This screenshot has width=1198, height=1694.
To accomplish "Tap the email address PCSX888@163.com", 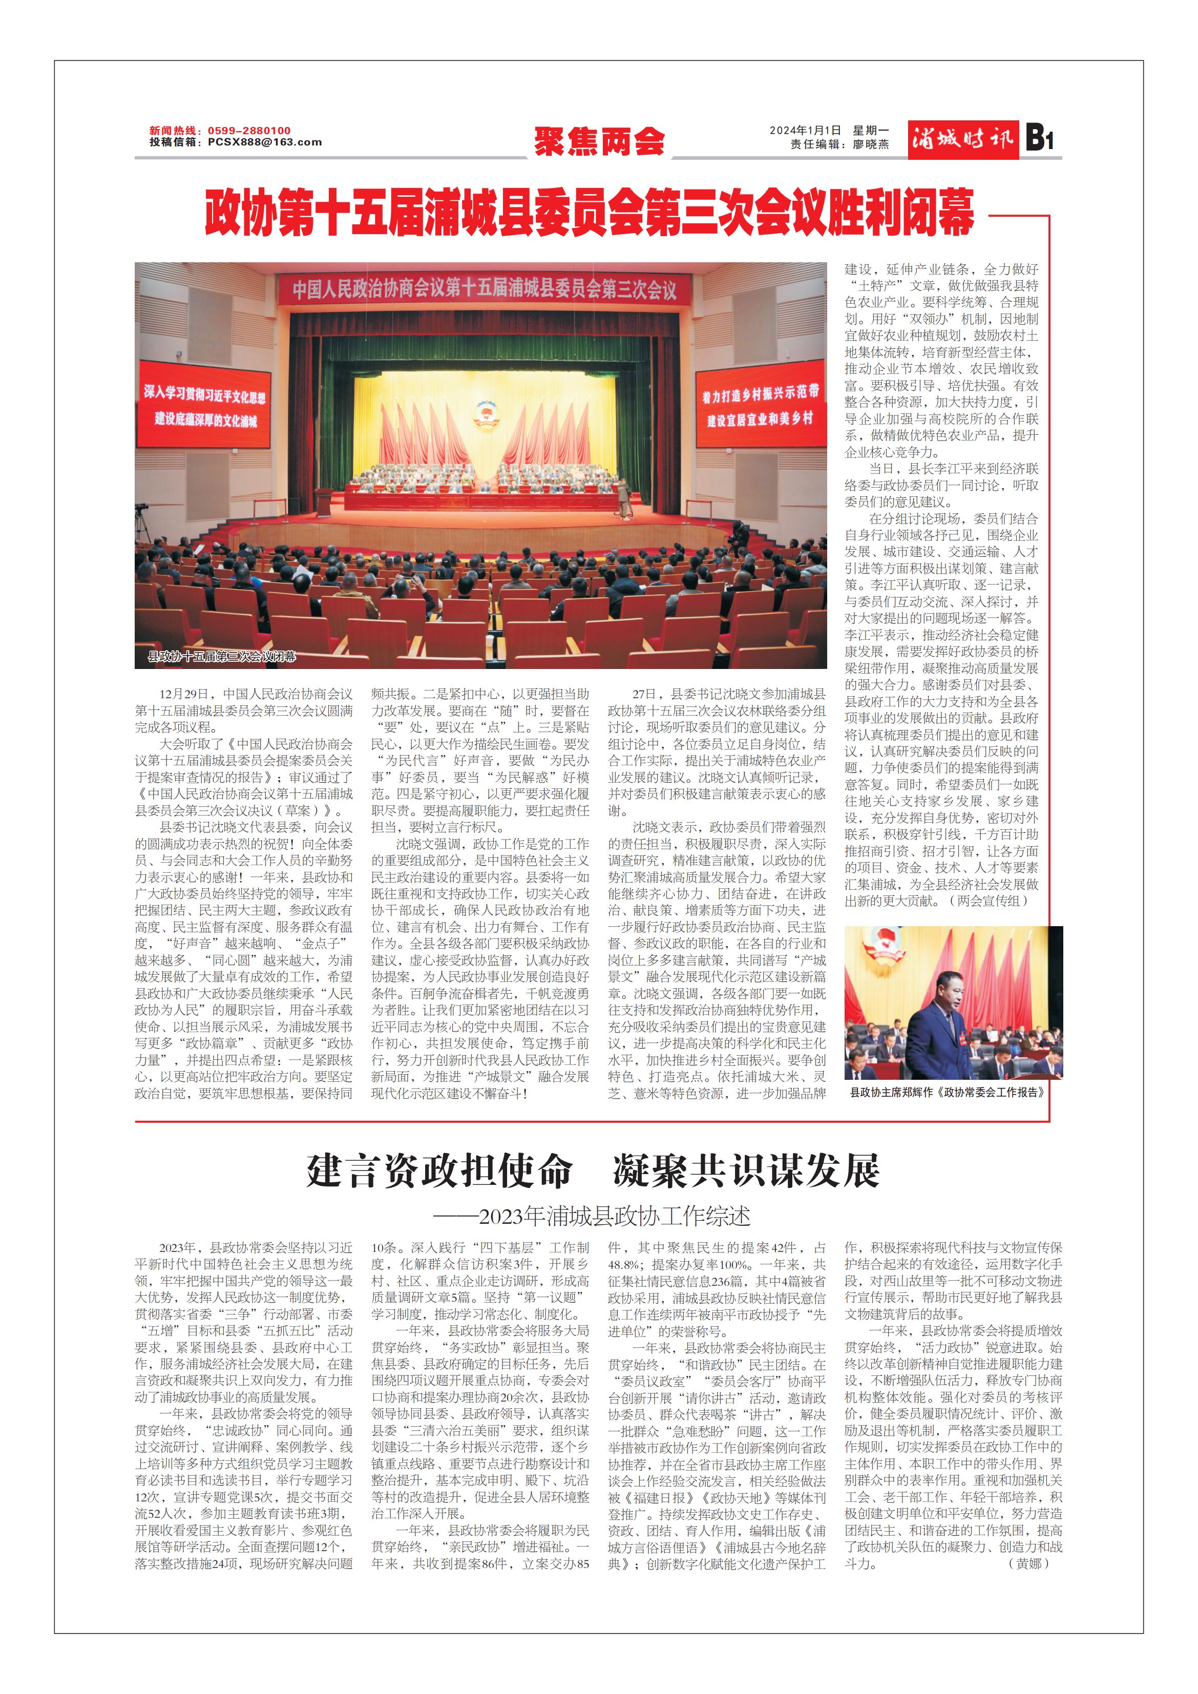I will pos(264,142).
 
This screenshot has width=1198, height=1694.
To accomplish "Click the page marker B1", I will pos(1039,139).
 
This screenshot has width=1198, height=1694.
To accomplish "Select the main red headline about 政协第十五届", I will pos(589,213).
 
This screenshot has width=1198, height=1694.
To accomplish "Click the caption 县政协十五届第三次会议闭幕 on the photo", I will pos(221,656).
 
